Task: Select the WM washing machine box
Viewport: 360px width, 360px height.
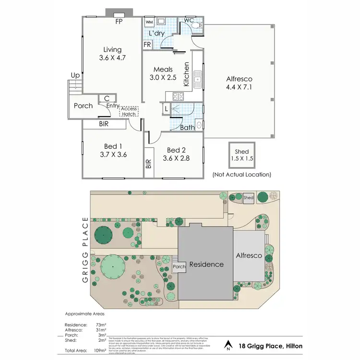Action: click(x=149, y=22)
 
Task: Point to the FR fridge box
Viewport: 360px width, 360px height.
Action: click(x=147, y=45)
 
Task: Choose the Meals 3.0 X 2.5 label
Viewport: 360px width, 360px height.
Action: click(x=163, y=73)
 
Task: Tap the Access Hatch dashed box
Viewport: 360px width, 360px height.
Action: click(x=129, y=111)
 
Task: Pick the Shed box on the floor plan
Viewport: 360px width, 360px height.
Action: click(x=242, y=155)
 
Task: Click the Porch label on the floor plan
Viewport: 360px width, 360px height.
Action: click(x=84, y=106)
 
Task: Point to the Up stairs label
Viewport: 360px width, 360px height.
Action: click(x=75, y=75)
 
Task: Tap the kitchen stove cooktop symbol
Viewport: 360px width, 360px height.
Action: click(x=178, y=95)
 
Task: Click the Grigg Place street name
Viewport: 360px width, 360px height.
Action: click(x=86, y=250)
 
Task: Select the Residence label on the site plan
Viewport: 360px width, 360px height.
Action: click(x=206, y=264)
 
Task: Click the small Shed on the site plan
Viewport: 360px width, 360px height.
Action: click(x=248, y=197)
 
